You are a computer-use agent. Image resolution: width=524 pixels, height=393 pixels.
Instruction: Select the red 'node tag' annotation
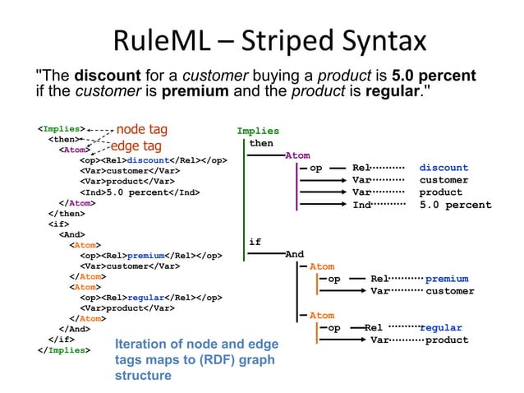142,128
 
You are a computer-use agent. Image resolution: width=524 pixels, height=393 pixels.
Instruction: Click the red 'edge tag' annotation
136,146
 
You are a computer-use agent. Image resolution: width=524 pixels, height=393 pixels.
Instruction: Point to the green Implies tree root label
258,131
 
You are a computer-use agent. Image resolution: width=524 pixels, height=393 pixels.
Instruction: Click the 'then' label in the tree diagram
261,143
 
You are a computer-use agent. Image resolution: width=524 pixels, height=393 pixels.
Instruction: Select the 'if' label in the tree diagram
255,242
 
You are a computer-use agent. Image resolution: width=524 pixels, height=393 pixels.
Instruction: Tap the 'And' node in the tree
294,254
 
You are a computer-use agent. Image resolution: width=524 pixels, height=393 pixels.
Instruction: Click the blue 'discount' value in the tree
444,168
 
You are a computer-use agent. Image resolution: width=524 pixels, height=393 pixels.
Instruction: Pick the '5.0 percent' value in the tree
455,205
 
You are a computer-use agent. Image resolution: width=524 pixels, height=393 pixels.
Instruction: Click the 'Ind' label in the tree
361,205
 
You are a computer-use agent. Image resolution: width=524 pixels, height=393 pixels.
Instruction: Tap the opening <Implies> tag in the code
60,129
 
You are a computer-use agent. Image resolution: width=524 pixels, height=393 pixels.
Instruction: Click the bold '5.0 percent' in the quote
434,76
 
